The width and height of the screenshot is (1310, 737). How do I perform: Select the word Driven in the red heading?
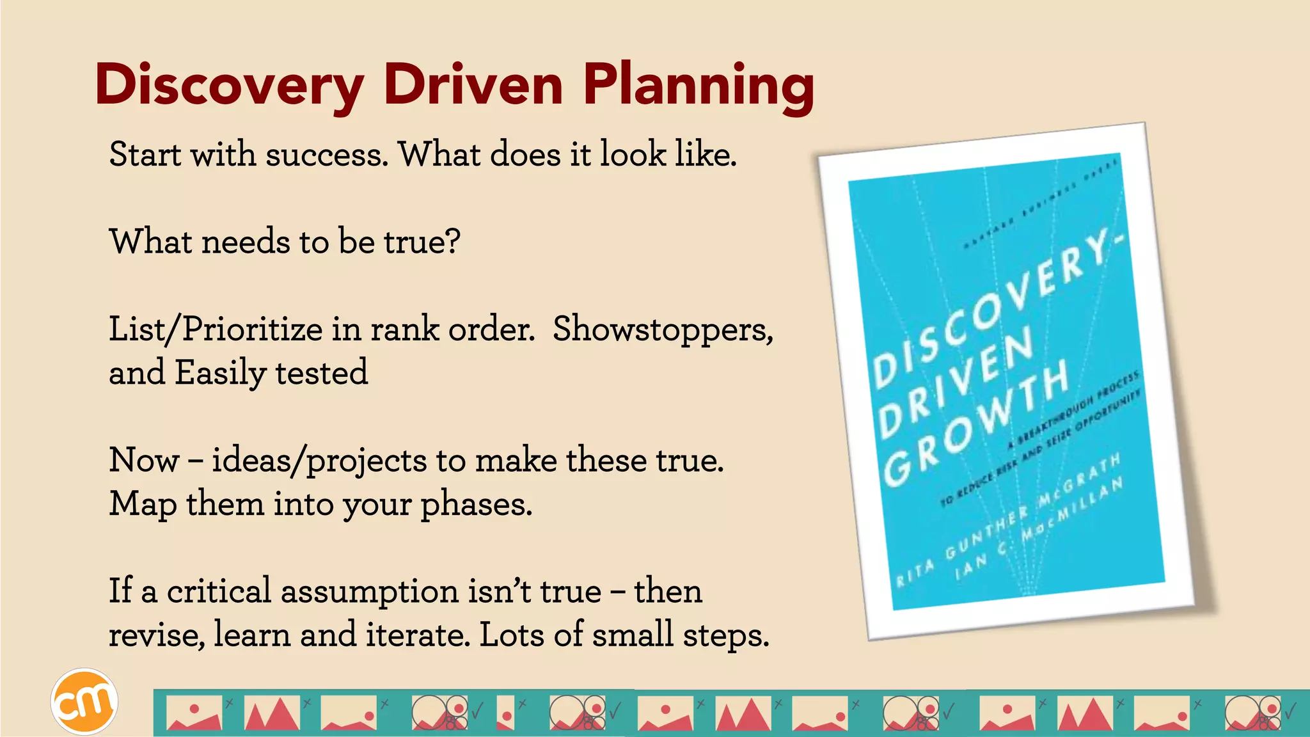[x=473, y=85]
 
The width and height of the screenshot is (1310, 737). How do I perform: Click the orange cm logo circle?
[x=84, y=702]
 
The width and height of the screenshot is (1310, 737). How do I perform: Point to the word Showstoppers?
[x=663, y=330]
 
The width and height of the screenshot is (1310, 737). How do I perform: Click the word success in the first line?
[x=327, y=155]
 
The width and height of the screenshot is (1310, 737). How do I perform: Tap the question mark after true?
[x=453, y=242]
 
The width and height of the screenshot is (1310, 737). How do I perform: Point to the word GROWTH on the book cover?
[x=975, y=422]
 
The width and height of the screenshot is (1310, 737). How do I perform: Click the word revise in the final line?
[x=157, y=635]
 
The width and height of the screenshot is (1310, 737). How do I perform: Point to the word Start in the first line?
[x=145, y=155]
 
